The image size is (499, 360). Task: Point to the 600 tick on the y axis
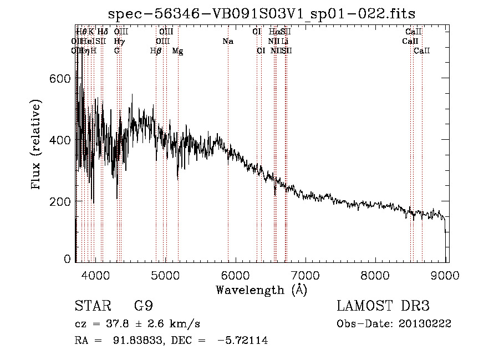point(62,79)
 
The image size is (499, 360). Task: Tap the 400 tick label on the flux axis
point(62,140)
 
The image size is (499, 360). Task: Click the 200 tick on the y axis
point(62,201)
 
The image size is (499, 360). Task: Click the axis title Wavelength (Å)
point(261,289)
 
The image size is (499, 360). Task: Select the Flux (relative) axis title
point(37,145)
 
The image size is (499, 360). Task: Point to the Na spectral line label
point(228,42)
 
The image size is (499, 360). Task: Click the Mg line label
point(178,51)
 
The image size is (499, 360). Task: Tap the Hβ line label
point(156,51)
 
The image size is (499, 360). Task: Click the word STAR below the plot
point(91,306)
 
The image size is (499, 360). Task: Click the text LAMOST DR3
point(383,306)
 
